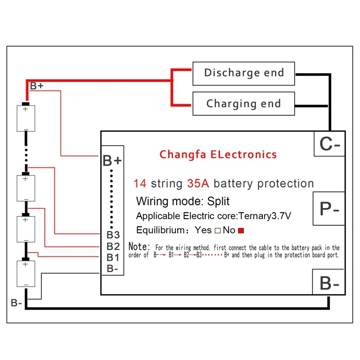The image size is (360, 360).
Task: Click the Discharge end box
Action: (244, 73)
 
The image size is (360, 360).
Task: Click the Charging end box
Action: (244, 103)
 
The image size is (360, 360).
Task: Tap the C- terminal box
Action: (329, 144)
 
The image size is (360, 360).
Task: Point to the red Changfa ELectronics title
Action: (218, 154)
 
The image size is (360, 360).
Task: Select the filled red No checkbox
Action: (241, 230)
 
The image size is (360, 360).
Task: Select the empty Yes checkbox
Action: (217, 230)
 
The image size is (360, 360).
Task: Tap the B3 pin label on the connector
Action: (113, 234)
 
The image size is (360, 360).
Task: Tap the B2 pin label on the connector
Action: (113, 246)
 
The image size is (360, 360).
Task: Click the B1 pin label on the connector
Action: (113, 257)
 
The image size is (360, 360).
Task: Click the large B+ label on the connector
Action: (112, 161)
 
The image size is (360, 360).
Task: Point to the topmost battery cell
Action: (26, 118)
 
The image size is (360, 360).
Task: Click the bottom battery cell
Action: (26, 273)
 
